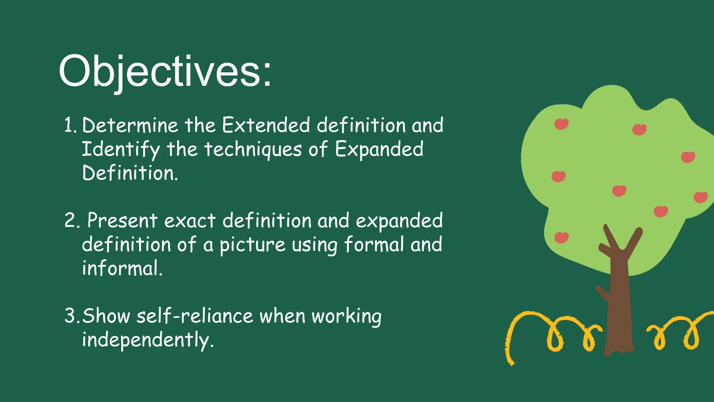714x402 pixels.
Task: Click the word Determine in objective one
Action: pyautogui.click(x=130, y=125)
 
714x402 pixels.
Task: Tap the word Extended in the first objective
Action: pyautogui.click(x=266, y=125)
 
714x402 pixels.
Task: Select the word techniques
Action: pyautogui.click(x=253, y=149)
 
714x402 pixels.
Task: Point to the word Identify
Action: pyautogui.click(x=121, y=149)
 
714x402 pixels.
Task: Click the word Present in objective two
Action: pyautogui.click(x=122, y=221)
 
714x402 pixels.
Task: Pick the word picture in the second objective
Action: pyautogui.click(x=252, y=245)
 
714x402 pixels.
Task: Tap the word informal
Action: pyautogui.click(x=122, y=268)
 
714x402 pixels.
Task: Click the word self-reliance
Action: pyautogui.click(x=195, y=316)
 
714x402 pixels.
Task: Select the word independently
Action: pyautogui.click(x=147, y=340)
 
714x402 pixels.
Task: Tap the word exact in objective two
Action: pyautogui.click(x=190, y=221)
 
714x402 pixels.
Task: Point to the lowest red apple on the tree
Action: pyautogui.click(x=561, y=238)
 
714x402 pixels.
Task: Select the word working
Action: pyautogui.click(x=346, y=316)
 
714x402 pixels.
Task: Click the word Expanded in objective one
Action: pyautogui.click(x=379, y=149)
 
